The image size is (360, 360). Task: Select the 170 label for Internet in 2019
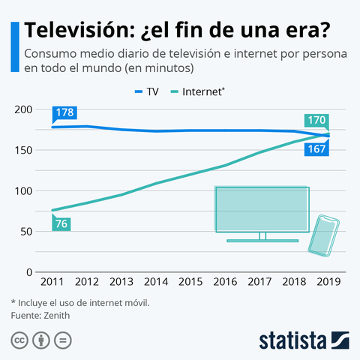pyautogui.click(x=316, y=119)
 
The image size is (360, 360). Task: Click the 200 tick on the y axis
pyautogui.click(x=23, y=109)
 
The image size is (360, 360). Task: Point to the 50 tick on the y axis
pyautogui.click(x=26, y=231)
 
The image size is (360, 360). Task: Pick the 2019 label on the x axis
pyautogui.click(x=331, y=283)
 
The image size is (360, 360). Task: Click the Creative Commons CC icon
pyautogui.click(x=19, y=340)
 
